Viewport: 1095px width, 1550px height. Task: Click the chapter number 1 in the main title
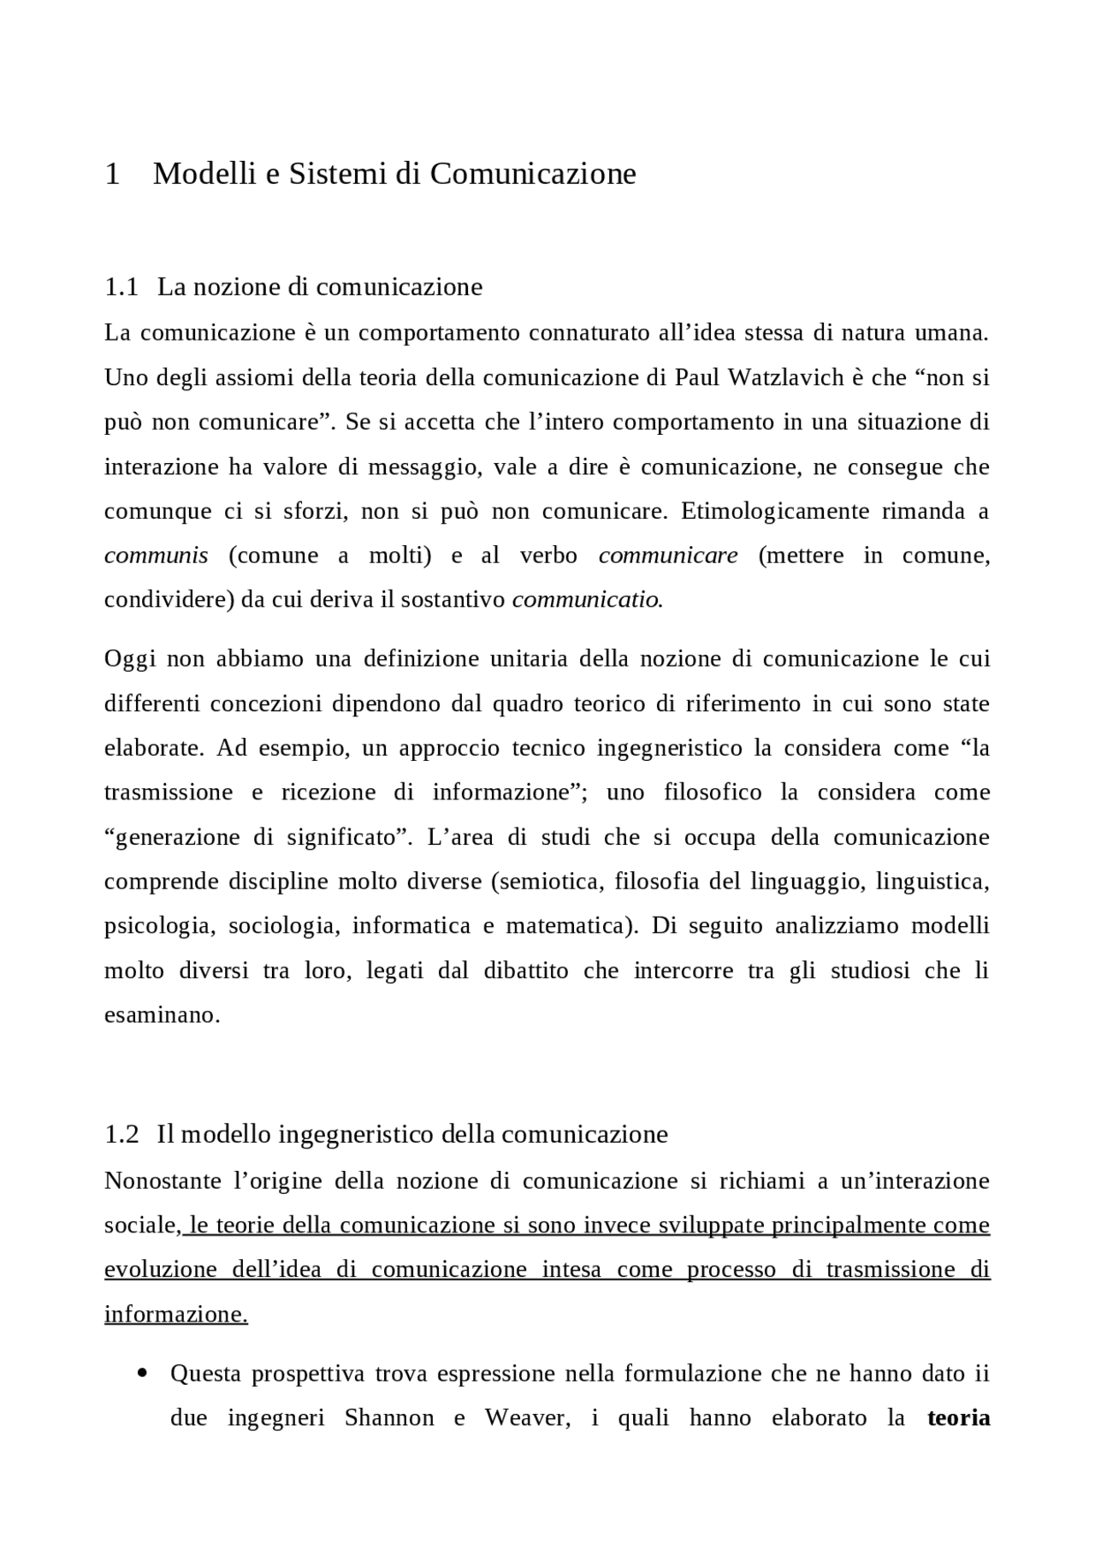pyautogui.click(x=112, y=174)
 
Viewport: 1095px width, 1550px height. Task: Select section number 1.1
pyautogui.click(x=121, y=287)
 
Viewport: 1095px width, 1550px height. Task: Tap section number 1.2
pyautogui.click(x=121, y=1135)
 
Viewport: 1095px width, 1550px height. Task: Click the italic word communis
pyautogui.click(x=156, y=555)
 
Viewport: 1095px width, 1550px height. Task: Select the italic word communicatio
pyautogui.click(x=586, y=600)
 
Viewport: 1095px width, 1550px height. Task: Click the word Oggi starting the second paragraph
pyautogui.click(x=127, y=659)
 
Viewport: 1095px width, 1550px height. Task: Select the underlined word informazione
pyautogui.click(x=175, y=1315)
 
